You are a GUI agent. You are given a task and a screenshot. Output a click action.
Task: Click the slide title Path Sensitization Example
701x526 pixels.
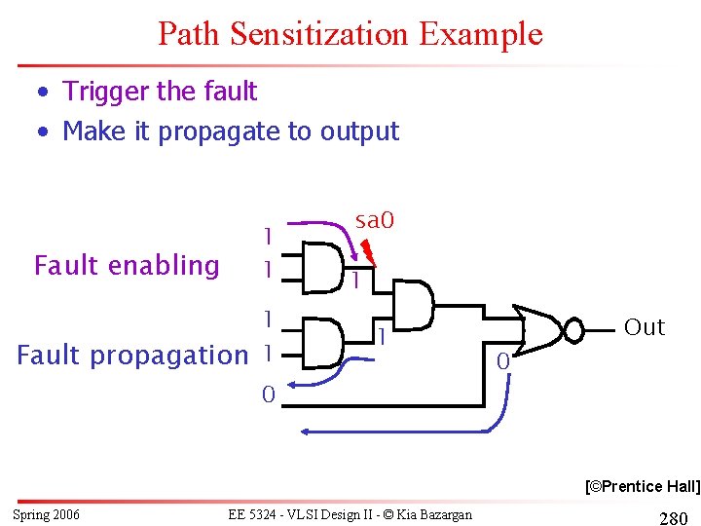[x=350, y=34]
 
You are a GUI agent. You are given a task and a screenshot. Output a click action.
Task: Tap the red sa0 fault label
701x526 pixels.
[x=375, y=221]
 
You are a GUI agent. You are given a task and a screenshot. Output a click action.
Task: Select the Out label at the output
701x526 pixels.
[x=644, y=327]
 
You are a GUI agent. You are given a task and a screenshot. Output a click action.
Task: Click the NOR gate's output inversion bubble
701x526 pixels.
[x=574, y=332]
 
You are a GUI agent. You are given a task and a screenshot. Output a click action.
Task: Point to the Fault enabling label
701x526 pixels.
[x=127, y=265]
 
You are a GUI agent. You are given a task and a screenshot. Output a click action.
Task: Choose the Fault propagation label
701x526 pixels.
[x=132, y=356]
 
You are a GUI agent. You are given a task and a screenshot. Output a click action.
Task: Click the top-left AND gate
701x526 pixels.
[x=322, y=265]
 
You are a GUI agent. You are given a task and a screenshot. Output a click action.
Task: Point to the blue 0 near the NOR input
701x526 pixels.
[x=501, y=362]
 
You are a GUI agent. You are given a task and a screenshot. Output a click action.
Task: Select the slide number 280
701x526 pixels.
[x=674, y=518]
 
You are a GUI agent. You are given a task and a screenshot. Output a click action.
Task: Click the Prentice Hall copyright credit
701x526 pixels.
[x=642, y=485]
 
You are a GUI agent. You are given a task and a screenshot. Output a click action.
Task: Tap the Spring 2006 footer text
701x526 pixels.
[x=47, y=514]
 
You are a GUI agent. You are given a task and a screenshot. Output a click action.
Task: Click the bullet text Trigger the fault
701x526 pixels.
[x=160, y=92]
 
